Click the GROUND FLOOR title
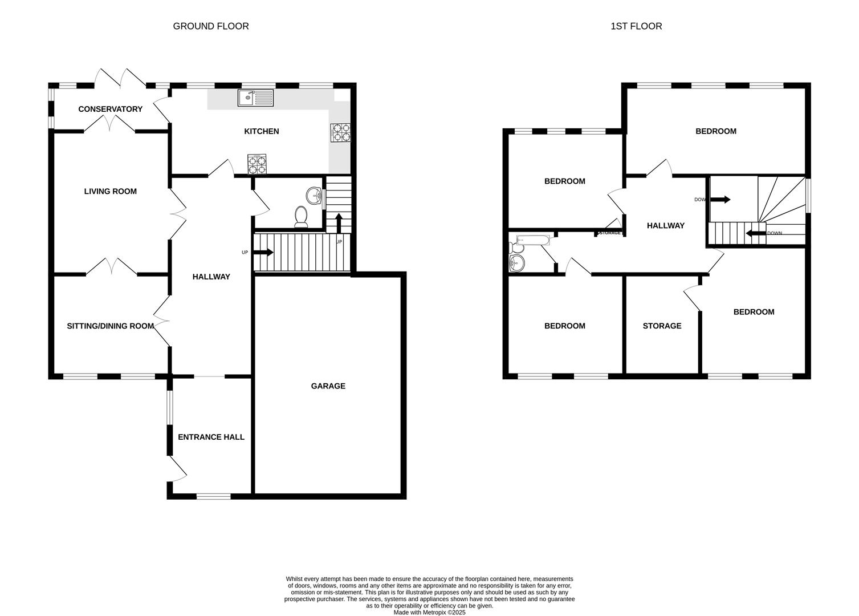coord(211,26)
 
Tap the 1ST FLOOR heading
coord(636,26)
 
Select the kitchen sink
coord(255,98)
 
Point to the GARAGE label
coord(328,386)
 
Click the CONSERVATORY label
coord(110,109)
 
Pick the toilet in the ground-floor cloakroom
coord(301,217)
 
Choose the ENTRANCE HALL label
coord(211,437)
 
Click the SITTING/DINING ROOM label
coord(111,326)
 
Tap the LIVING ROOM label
coord(111,191)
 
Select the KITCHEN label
coord(262,131)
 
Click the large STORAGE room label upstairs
coord(662,326)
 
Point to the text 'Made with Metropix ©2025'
coord(430,613)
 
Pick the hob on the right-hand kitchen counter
coord(340,132)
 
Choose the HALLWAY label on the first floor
coord(665,226)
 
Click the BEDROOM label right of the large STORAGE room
coord(754,312)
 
